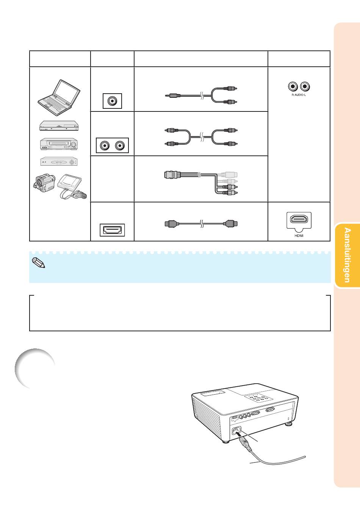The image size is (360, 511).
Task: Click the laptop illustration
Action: coord(59,98)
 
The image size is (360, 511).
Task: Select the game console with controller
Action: coord(72,187)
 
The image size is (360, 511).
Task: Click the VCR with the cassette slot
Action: coord(59,144)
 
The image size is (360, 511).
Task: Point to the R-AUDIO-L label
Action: coord(299,95)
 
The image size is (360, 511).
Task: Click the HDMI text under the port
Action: coord(299,236)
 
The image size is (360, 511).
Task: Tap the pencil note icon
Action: coord(39,263)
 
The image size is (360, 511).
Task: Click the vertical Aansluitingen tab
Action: coord(347,255)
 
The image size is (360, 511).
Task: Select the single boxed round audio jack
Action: coord(112,101)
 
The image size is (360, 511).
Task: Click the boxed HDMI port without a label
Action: coord(112,230)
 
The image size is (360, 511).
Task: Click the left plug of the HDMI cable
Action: coord(170,224)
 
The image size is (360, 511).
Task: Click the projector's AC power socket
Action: coord(236,431)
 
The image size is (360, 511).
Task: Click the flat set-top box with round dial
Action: coord(59,161)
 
